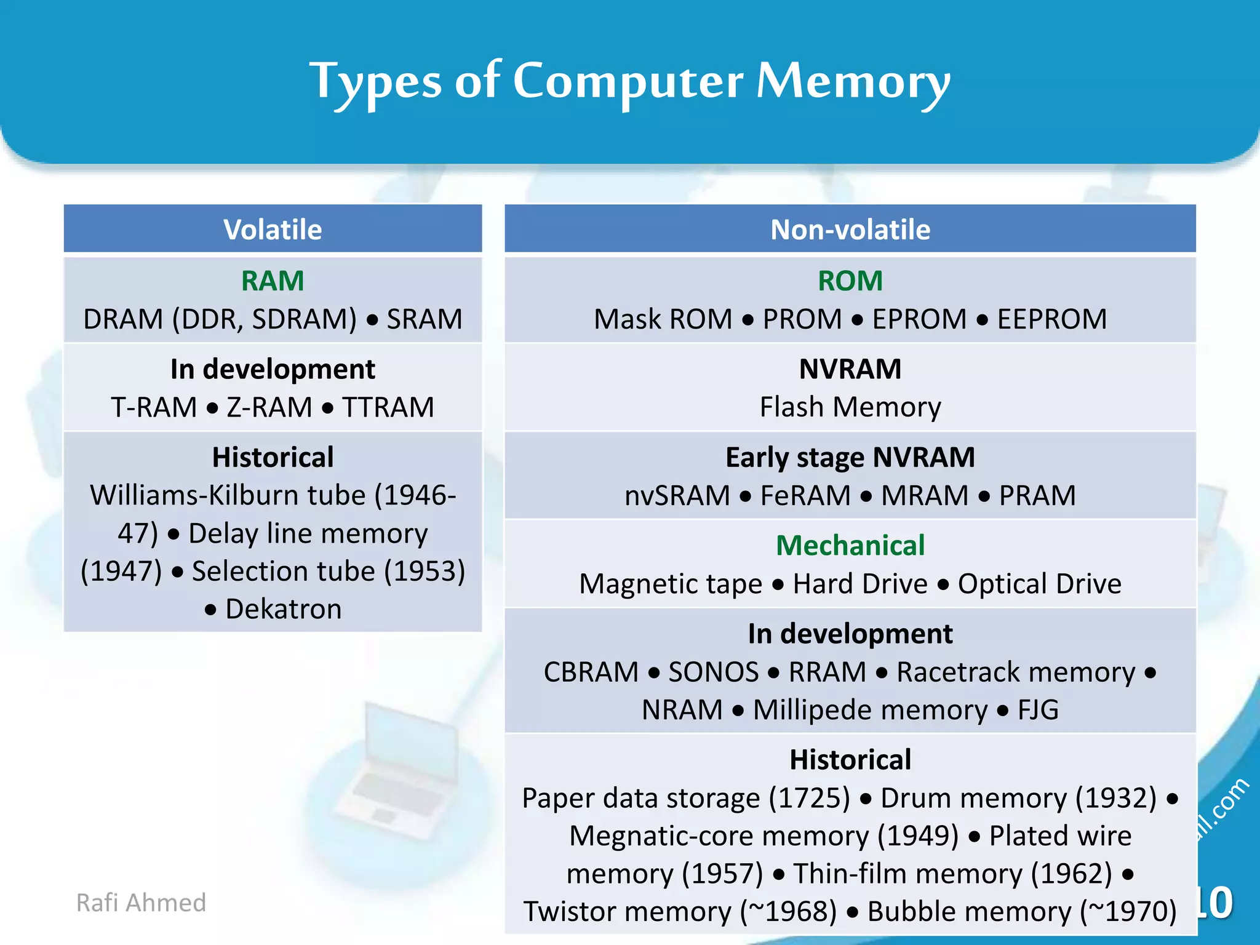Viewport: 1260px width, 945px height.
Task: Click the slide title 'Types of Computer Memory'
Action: coord(630,82)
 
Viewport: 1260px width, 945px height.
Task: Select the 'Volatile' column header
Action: coord(273,230)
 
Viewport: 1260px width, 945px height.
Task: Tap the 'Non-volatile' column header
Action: coord(850,230)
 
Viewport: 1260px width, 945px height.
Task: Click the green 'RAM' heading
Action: coord(273,281)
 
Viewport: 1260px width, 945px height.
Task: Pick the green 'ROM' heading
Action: coord(850,281)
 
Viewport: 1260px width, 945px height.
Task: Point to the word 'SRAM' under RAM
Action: coord(424,319)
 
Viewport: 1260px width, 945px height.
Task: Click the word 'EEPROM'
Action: coord(1051,319)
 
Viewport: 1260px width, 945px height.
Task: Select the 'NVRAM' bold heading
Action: coord(850,369)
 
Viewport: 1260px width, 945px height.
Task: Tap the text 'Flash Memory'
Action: coord(850,407)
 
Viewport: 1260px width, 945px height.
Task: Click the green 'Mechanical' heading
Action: coord(850,546)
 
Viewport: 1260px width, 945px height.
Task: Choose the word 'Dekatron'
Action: coord(283,609)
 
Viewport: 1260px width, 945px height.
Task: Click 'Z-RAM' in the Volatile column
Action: coord(269,407)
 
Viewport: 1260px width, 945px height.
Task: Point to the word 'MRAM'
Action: coord(925,495)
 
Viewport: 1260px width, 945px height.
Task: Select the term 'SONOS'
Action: coord(713,672)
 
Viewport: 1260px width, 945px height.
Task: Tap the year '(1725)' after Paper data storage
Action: coord(810,798)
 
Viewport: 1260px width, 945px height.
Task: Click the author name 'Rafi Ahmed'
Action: coord(141,903)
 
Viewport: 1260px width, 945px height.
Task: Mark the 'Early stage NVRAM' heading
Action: coord(850,458)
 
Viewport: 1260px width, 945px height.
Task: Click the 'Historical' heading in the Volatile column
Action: coord(273,458)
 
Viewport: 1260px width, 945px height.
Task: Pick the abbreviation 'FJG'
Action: coord(1038,710)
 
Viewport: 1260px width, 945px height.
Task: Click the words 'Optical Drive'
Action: coord(1039,584)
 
